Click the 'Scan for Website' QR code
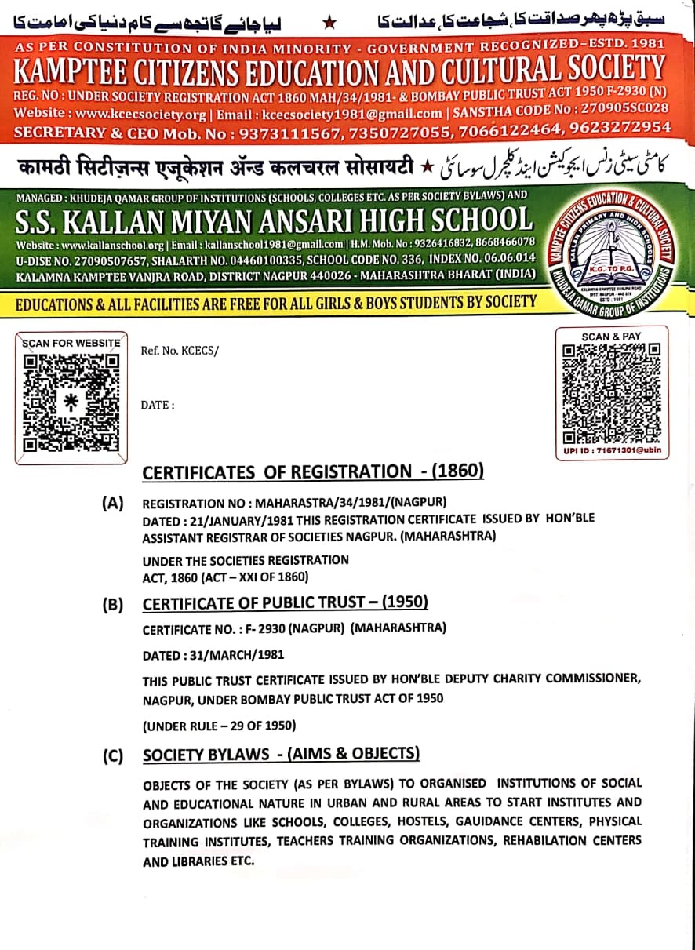click(71, 402)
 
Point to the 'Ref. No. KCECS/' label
click(180, 351)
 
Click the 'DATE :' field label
click(157, 405)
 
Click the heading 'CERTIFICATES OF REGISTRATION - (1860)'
click(313, 471)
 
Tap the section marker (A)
click(113, 504)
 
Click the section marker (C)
click(113, 756)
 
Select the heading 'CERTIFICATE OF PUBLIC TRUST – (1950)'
click(285, 603)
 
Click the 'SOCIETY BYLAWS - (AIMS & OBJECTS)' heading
click(281, 755)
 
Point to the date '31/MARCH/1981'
click(237, 654)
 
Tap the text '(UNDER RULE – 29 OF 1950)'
click(219, 726)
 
